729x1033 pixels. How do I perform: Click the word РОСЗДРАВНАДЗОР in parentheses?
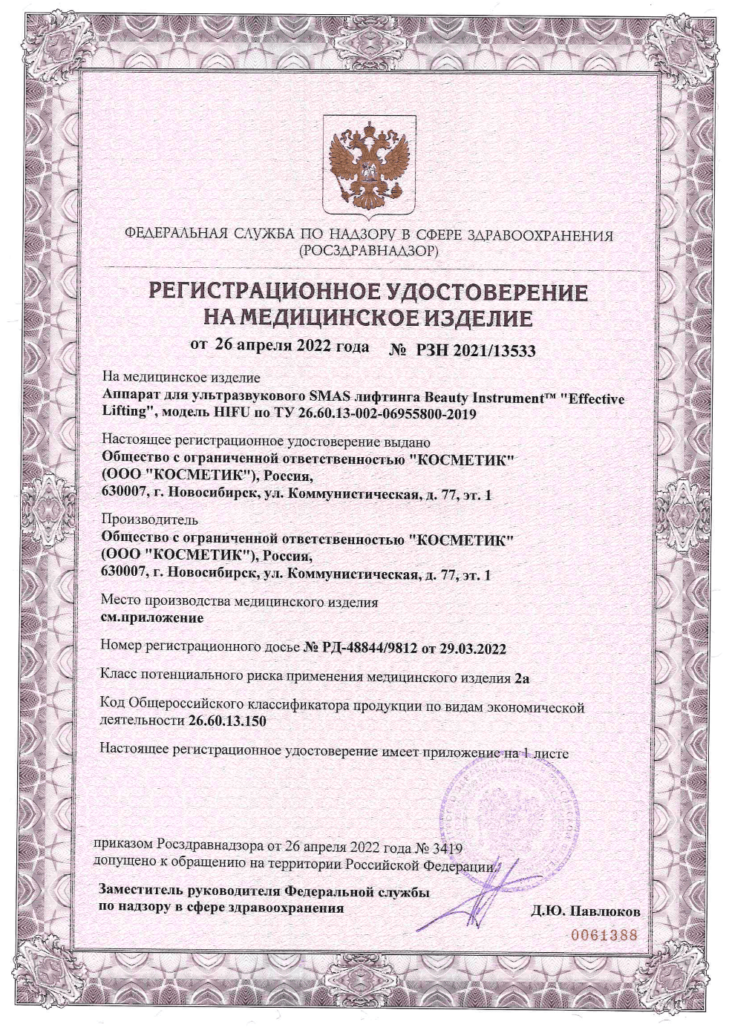(369, 252)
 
